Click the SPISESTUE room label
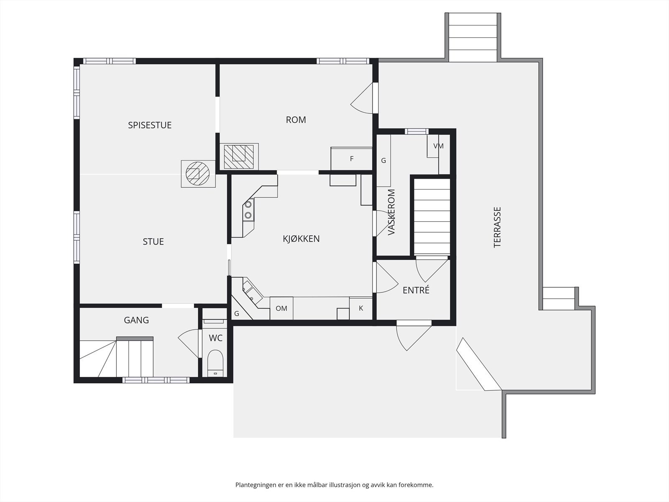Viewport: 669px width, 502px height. pyautogui.click(x=150, y=125)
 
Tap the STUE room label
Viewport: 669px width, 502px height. pyautogui.click(x=153, y=242)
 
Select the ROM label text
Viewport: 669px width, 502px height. pyautogui.click(x=296, y=120)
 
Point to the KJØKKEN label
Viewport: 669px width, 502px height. pyautogui.click(x=301, y=238)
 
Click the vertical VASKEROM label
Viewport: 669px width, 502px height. pyautogui.click(x=391, y=212)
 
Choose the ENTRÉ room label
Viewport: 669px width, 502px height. pyautogui.click(x=416, y=290)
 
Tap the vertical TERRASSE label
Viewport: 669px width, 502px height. pyautogui.click(x=497, y=228)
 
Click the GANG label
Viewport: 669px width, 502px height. pyautogui.click(x=136, y=320)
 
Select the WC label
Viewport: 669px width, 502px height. pyautogui.click(x=215, y=338)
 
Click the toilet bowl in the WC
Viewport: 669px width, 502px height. pyautogui.click(x=215, y=363)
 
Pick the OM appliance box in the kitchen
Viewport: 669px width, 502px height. pyautogui.click(x=281, y=308)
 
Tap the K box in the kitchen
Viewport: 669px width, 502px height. pyautogui.click(x=361, y=308)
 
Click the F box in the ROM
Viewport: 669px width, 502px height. pyautogui.click(x=351, y=159)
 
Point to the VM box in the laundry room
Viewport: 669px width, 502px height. pyautogui.click(x=438, y=146)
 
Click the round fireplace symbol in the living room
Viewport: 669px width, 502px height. pyautogui.click(x=198, y=174)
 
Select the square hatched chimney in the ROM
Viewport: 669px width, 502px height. pyautogui.click(x=239, y=156)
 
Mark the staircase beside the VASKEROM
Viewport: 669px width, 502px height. pyautogui.click(x=432, y=216)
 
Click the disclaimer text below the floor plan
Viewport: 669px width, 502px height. pyautogui.click(x=334, y=485)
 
